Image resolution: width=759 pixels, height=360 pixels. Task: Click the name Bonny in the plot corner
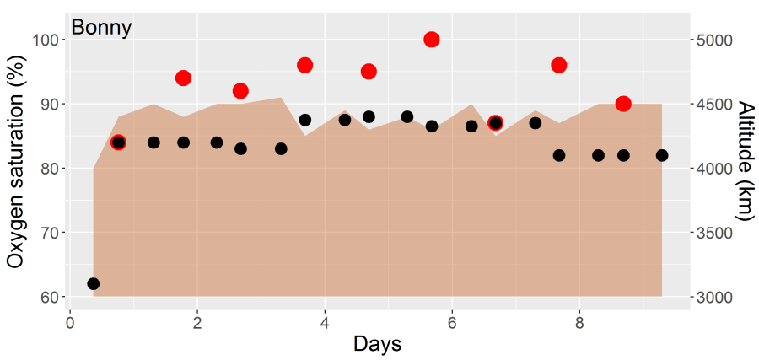101,28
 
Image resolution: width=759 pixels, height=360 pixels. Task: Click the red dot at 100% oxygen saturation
432,40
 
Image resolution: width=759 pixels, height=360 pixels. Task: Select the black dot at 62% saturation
93,283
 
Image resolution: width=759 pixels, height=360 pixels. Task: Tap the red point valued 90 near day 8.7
623,104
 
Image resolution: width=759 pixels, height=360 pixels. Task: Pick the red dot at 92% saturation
240,91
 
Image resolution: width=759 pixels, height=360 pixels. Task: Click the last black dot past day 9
662,155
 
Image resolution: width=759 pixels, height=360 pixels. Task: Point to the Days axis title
377,344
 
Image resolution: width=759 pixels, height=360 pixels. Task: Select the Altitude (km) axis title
744,161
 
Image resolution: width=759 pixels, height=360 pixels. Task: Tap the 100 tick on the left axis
45,40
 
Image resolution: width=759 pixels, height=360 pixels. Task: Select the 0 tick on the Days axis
70,322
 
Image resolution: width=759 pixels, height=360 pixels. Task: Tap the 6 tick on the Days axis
452,322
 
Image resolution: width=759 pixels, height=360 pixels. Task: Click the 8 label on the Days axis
579,322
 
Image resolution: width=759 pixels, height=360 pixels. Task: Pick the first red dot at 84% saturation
118,142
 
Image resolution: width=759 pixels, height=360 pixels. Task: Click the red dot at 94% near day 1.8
183,78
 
